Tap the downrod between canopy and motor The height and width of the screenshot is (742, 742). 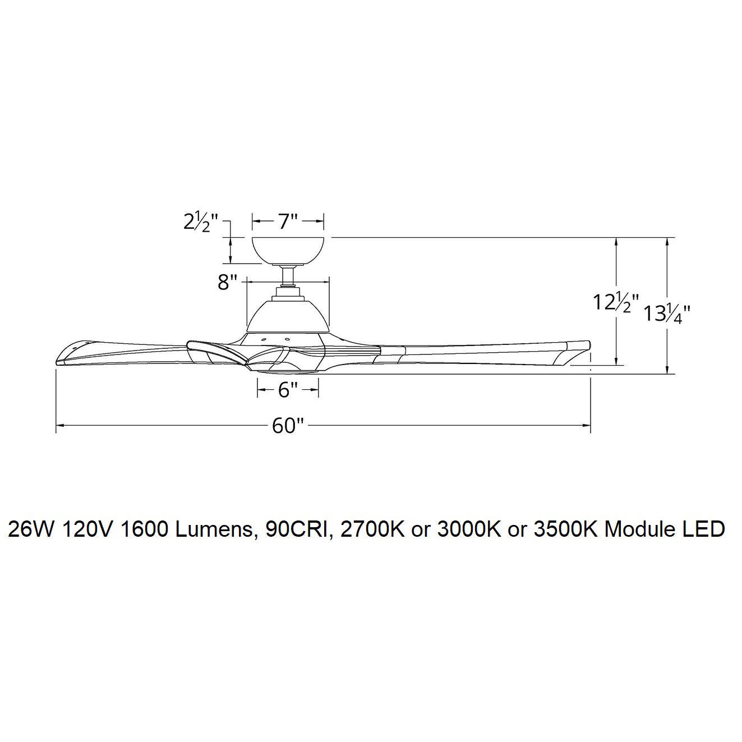tap(288, 276)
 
